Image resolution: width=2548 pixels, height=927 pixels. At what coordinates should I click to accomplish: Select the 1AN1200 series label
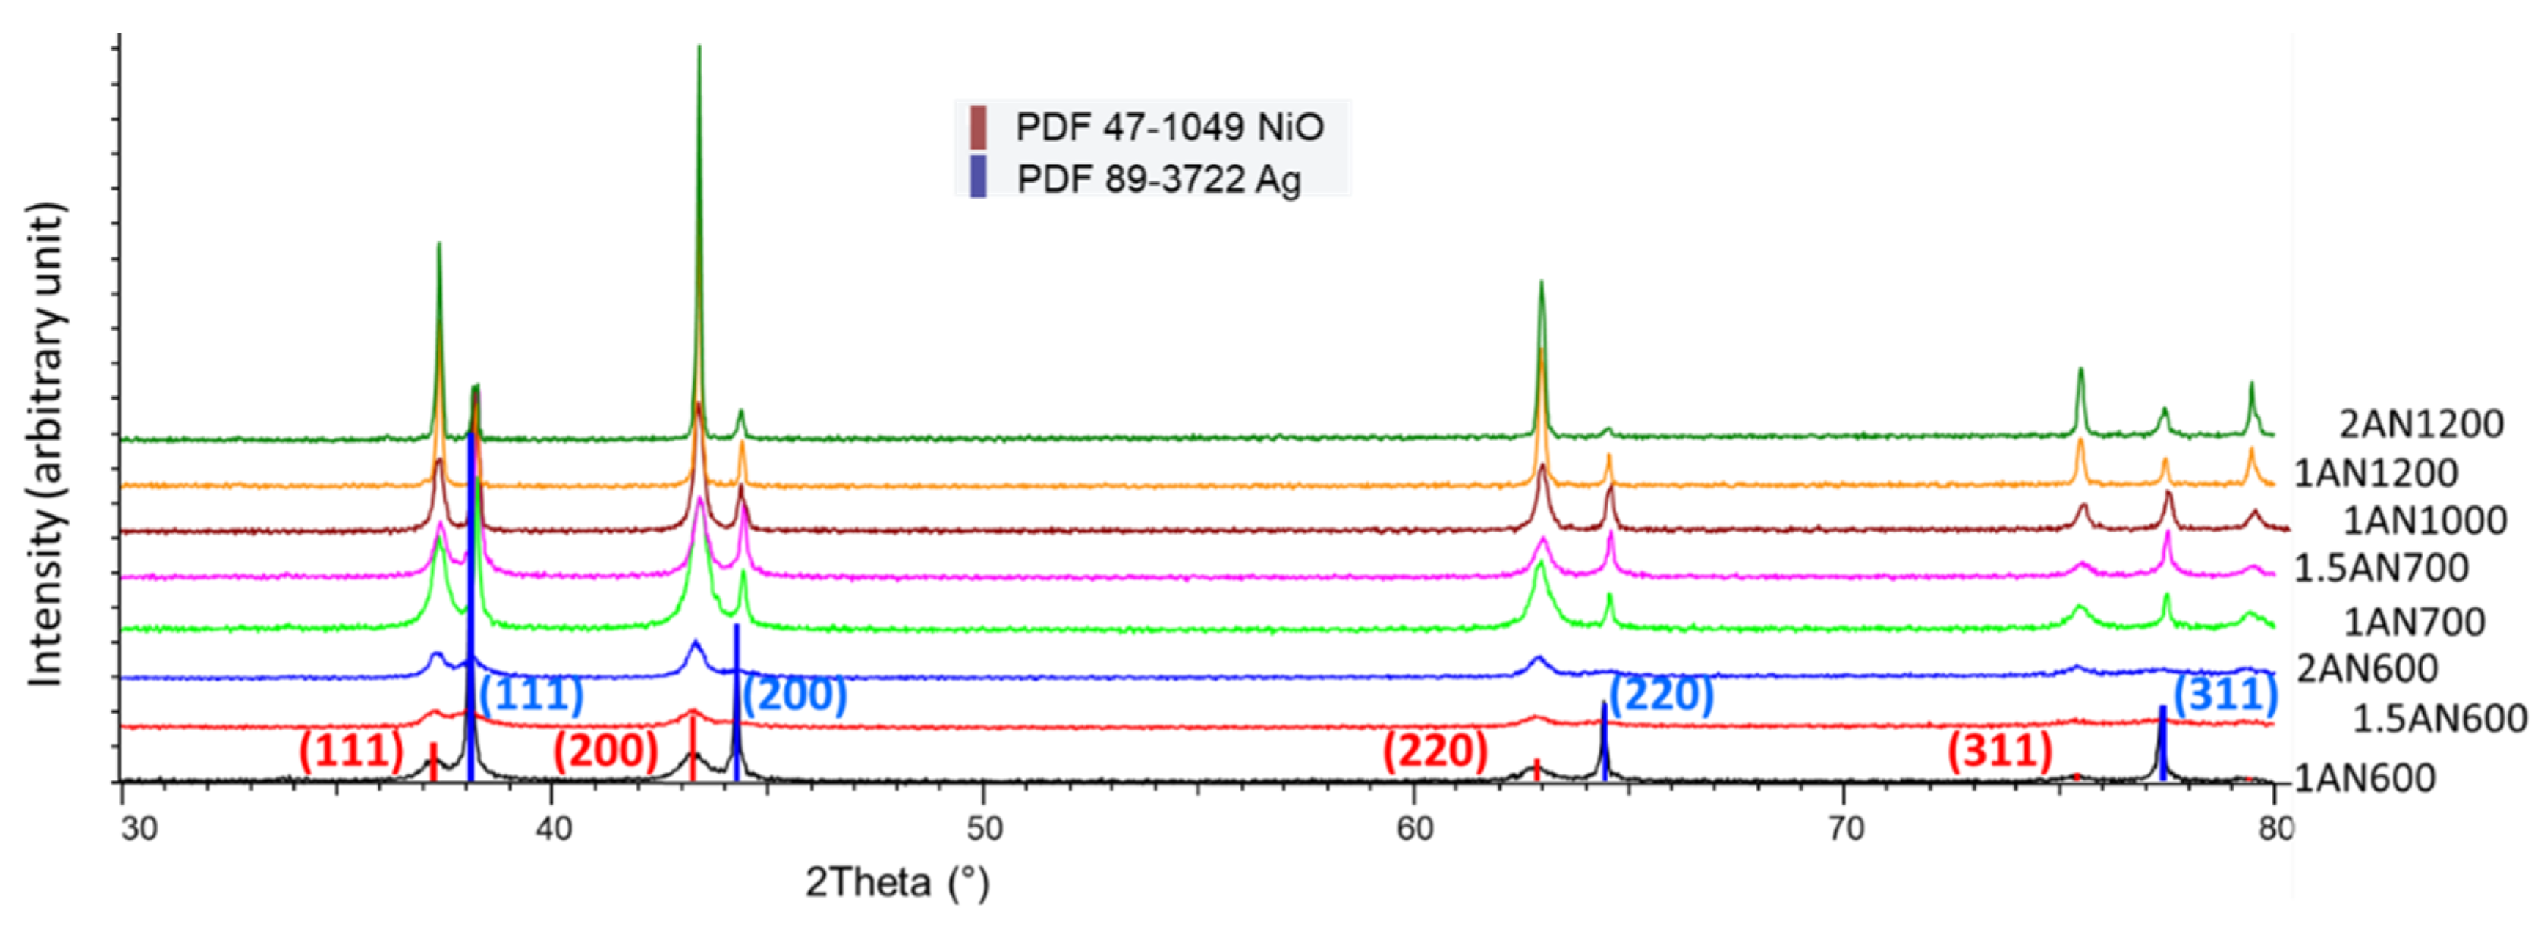[x=2375, y=473]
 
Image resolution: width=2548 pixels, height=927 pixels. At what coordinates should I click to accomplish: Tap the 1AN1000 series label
[x=2424, y=521]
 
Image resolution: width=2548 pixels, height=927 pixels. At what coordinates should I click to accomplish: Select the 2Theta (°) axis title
[x=897, y=882]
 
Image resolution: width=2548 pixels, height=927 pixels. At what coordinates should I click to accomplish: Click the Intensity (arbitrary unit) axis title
[x=46, y=444]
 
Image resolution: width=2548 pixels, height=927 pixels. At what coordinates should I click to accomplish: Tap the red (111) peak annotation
[x=351, y=751]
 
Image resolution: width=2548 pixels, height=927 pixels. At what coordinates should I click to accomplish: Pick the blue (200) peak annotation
[x=795, y=695]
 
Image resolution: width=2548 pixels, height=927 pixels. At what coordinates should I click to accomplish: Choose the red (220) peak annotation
[x=1435, y=751]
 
